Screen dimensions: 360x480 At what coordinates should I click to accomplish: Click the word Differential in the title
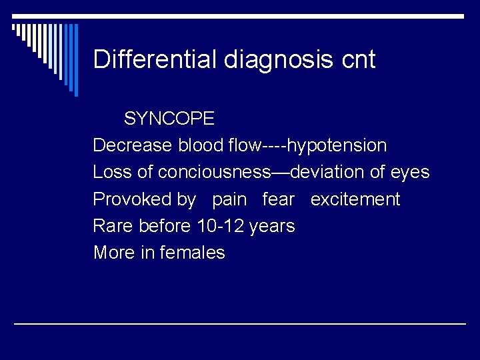pos(155,59)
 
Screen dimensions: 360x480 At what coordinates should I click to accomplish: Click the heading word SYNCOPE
pos(169,119)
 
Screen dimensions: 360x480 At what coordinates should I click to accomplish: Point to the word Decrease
pos(133,145)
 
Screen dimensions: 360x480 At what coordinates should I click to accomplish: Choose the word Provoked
pos(144,199)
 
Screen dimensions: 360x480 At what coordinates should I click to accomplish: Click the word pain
pos(229,200)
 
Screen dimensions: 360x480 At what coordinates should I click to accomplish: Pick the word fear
pos(279,199)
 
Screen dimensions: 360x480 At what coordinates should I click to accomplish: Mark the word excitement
pos(355,199)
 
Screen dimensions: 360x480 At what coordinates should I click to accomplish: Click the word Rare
pos(114,226)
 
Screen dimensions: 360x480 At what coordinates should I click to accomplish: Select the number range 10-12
pos(220,226)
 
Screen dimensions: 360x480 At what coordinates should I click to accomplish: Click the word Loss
pos(113,172)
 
